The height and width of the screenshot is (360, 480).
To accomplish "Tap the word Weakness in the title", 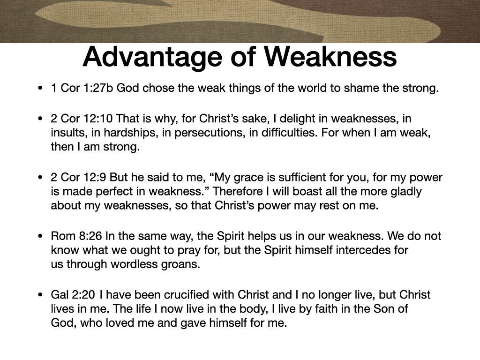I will coord(330,57).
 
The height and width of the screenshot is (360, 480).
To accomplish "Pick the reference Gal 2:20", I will coord(73,295).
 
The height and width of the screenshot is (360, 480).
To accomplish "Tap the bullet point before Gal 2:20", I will coord(41,295).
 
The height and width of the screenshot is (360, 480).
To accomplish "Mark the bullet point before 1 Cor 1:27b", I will coord(41,88).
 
